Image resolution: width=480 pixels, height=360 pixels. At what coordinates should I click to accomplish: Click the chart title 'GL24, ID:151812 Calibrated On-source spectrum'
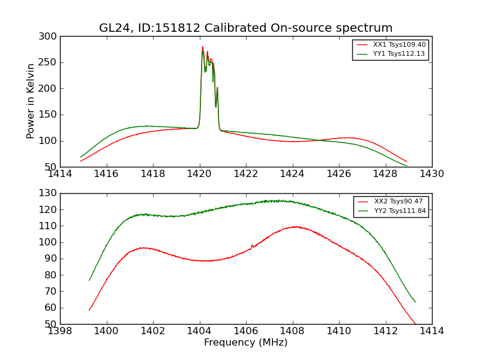(x=246, y=28)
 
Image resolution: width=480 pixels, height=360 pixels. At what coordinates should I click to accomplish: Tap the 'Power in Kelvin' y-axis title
(x=31, y=101)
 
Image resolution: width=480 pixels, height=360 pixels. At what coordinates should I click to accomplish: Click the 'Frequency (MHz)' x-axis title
(x=246, y=343)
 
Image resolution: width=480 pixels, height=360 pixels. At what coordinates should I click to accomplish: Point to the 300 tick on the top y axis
(x=50, y=37)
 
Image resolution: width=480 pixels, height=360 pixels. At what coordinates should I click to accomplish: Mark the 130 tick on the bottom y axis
(x=50, y=193)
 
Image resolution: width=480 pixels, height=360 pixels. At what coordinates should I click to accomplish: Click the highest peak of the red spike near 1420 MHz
(x=203, y=47)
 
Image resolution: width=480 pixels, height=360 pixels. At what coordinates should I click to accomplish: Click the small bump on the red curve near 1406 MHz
(x=251, y=245)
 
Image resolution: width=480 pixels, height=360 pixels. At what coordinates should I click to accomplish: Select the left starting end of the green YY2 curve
(x=89, y=280)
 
